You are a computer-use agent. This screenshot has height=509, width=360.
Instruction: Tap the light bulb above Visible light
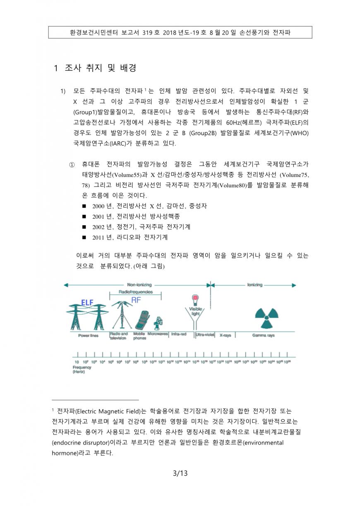(x=194, y=299)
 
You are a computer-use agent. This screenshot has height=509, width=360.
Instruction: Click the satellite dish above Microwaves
(x=158, y=322)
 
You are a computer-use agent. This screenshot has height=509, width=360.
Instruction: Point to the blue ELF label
(x=87, y=302)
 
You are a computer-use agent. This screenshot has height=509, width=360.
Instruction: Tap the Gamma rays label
(x=263, y=335)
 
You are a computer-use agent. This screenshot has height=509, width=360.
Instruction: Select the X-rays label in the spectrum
(x=225, y=335)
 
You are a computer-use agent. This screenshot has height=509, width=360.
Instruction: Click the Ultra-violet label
(x=205, y=335)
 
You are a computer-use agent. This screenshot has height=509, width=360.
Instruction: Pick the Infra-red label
(x=179, y=334)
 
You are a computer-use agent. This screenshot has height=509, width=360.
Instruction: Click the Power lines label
(x=89, y=335)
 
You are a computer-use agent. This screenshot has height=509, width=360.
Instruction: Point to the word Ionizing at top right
(x=254, y=285)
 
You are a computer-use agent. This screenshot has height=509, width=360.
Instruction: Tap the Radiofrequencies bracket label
(x=135, y=292)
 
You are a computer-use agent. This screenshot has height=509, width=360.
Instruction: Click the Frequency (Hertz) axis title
(x=79, y=369)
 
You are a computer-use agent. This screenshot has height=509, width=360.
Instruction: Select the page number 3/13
(x=180, y=473)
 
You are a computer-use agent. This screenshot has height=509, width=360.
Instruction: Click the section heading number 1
(x=57, y=68)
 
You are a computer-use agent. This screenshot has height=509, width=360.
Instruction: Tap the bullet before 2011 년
(x=84, y=238)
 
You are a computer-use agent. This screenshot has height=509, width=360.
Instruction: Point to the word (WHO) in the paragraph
(x=300, y=133)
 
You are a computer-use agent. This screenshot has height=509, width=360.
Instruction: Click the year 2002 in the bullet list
(x=98, y=227)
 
